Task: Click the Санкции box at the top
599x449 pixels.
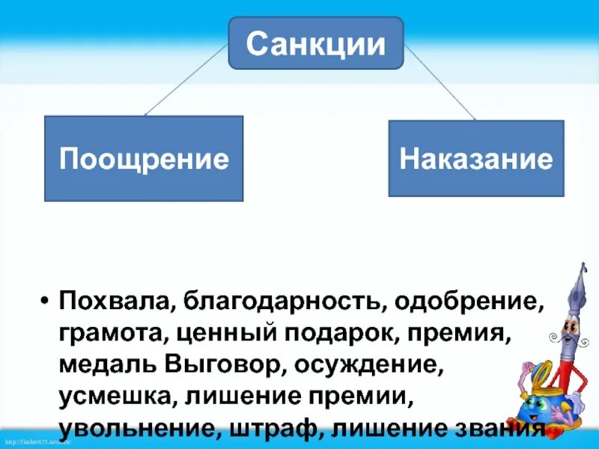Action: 315,43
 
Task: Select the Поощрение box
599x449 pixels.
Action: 144,159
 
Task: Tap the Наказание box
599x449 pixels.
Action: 476,158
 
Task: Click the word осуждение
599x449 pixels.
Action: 371,365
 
